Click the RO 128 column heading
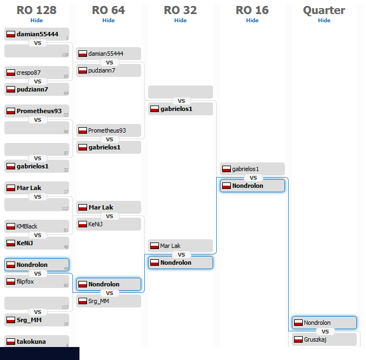(x=36, y=10)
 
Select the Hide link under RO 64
(x=109, y=20)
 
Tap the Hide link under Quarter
(x=324, y=20)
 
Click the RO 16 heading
(x=252, y=10)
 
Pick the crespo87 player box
(x=36, y=73)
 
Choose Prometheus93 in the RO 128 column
(x=36, y=111)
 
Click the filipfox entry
(x=36, y=282)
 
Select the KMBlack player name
(x=36, y=226)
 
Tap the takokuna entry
(x=36, y=342)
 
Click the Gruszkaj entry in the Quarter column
(x=324, y=339)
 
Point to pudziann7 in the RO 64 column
(x=109, y=70)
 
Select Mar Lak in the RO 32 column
(x=181, y=246)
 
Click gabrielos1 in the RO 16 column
(x=252, y=169)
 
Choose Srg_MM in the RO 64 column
(x=109, y=301)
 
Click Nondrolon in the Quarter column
(x=324, y=323)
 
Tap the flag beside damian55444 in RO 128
(x=10, y=34)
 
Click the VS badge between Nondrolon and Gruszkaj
(x=325, y=331)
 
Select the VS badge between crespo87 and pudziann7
(x=38, y=81)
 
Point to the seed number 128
(x=65, y=55)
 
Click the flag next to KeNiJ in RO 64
(x=83, y=224)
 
